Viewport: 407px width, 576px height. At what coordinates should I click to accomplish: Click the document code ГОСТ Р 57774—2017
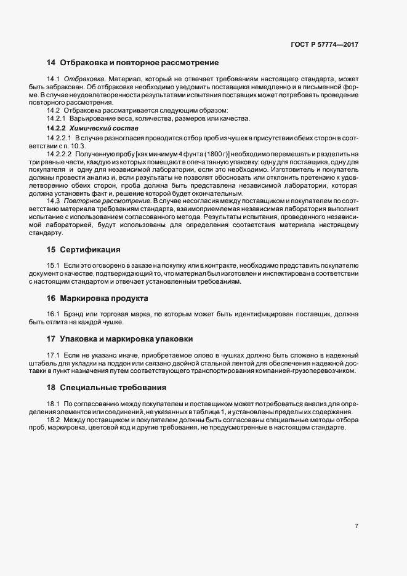coord(324,44)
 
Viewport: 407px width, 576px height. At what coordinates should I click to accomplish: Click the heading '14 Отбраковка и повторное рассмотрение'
coord(132,63)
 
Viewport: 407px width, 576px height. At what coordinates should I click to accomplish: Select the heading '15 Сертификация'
coord(83,250)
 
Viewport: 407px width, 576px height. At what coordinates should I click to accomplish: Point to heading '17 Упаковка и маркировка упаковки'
coord(120,338)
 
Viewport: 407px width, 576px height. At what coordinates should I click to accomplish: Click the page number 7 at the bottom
coord(357,526)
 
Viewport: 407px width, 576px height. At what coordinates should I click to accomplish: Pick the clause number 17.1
coord(53,354)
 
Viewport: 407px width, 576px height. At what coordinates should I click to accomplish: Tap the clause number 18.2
coord(53,419)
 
